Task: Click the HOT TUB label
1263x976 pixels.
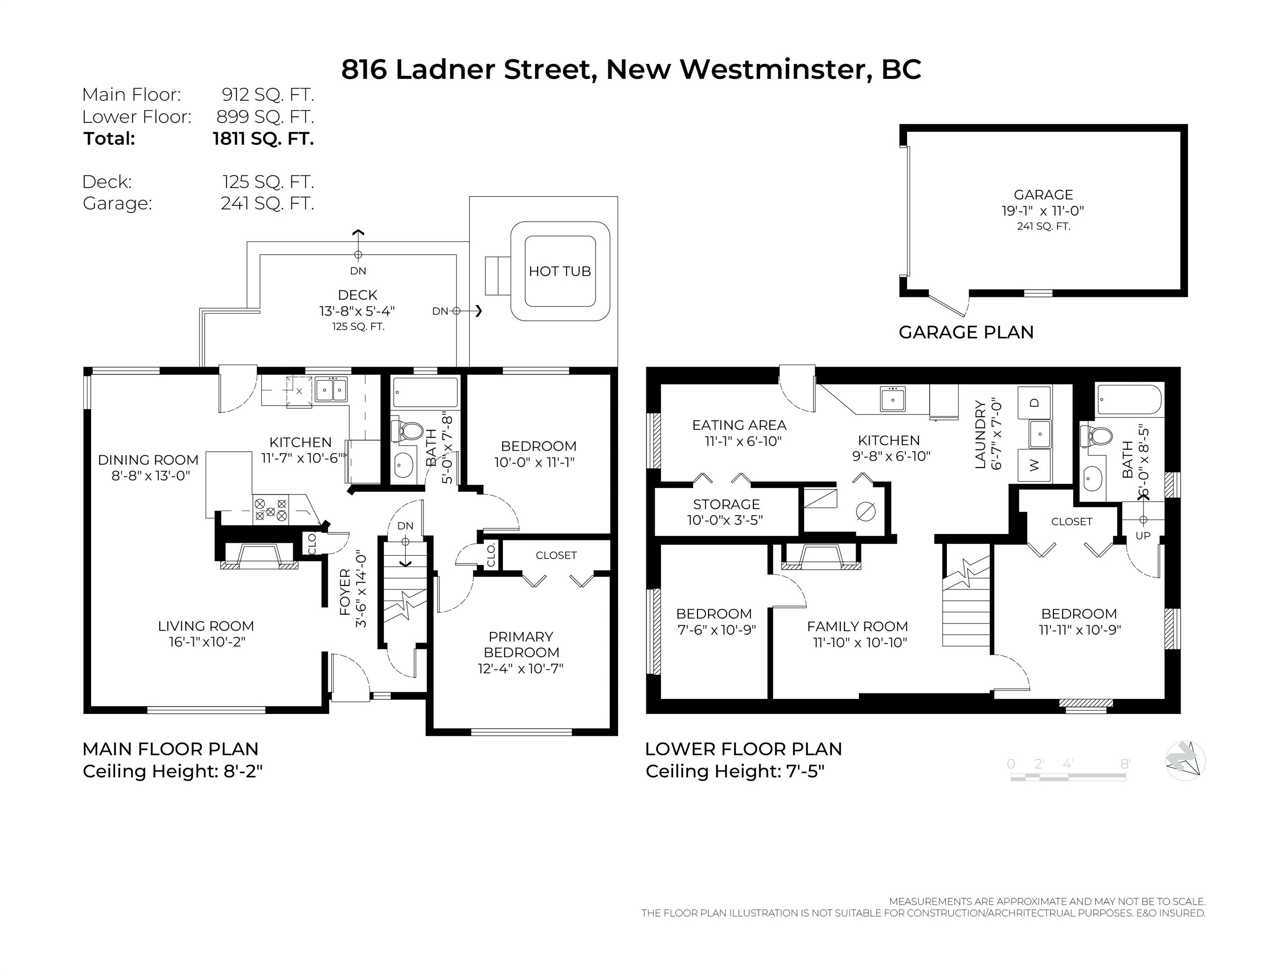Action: tap(559, 271)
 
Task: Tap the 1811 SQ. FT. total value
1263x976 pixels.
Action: tap(263, 139)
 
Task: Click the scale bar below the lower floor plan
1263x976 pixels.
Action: tap(1068, 776)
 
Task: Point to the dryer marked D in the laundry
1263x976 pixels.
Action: tap(1035, 402)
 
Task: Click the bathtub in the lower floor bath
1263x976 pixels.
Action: tap(1128, 399)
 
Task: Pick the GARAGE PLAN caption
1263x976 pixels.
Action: tap(966, 333)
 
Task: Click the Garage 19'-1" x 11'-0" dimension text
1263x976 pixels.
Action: tap(1043, 211)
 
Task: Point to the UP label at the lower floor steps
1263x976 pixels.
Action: tap(1143, 535)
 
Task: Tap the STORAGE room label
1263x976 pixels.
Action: tap(726, 504)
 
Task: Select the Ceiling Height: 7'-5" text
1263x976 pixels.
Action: tap(734, 771)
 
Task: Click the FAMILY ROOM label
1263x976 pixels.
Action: tap(857, 626)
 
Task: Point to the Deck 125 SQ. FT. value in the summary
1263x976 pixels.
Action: tap(268, 182)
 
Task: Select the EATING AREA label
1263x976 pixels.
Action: tap(739, 425)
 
